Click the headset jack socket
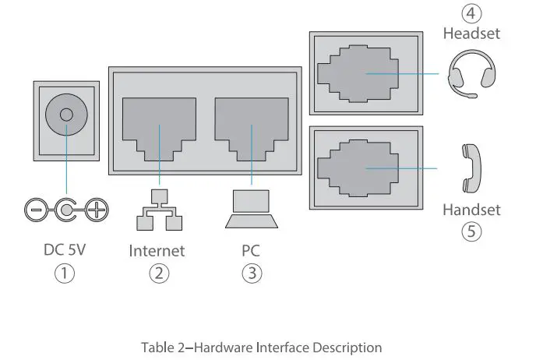[365, 74]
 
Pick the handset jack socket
[365, 168]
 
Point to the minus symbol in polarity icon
[35, 209]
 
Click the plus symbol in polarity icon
[96, 209]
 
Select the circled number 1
[65, 274]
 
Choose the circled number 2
[158, 274]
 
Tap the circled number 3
[251, 274]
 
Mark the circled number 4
[471, 14]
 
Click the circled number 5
[471, 231]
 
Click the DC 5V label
[65, 250]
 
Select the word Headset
[471, 34]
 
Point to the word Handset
[471, 210]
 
